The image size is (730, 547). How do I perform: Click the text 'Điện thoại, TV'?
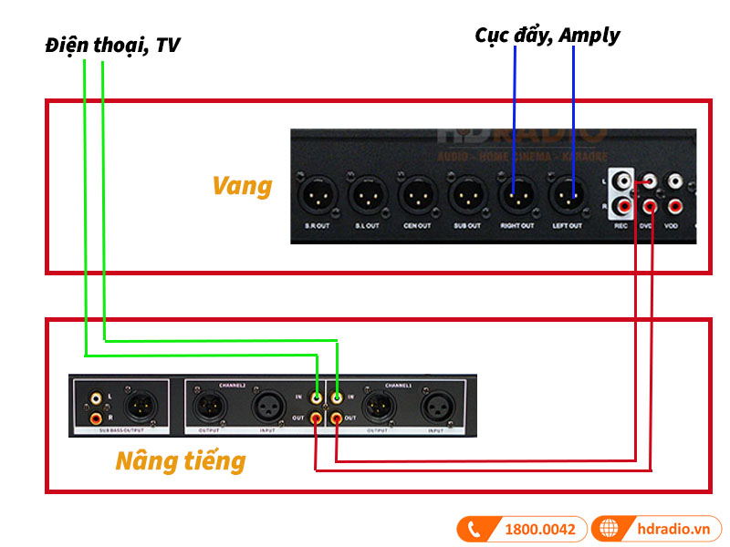tap(112, 45)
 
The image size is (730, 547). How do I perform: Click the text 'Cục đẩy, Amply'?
tap(547, 36)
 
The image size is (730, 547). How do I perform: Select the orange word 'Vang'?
tap(242, 186)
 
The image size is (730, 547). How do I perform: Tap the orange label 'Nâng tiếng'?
tap(180, 460)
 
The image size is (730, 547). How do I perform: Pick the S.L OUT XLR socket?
tap(366, 194)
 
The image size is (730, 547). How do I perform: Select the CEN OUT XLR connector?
tap(417, 194)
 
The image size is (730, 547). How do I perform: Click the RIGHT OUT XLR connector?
tap(516, 194)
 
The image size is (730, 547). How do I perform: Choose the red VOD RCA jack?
tap(673, 203)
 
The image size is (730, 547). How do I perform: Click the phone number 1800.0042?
tap(541, 529)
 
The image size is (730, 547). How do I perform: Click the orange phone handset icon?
tap(474, 529)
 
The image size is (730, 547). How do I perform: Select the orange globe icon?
tap(609, 529)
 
